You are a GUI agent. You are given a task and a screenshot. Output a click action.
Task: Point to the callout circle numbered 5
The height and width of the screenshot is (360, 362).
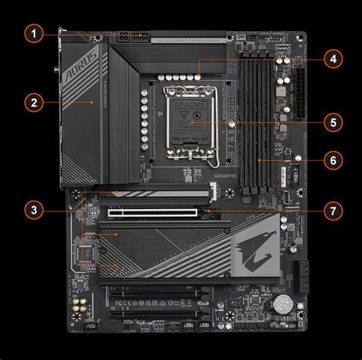tap(331, 121)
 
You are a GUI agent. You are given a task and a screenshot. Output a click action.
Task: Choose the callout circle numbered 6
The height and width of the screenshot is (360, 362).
tap(331, 160)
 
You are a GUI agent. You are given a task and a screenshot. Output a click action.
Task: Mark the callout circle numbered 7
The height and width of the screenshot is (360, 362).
tap(331, 208)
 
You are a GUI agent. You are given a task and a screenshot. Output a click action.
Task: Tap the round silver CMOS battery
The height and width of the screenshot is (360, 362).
tap(284, 303)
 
